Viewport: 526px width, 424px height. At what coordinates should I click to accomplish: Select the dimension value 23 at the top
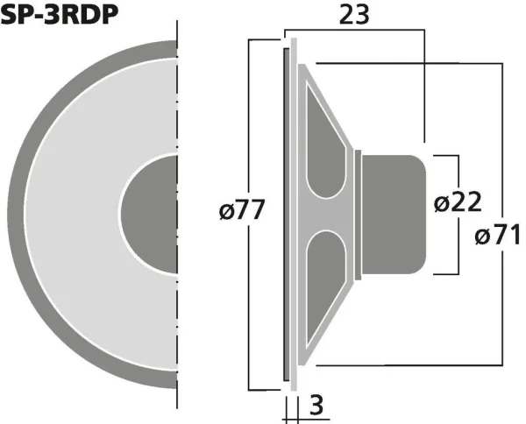tap(355, 15)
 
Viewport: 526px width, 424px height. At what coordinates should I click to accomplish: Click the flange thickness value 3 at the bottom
tap(316, 406)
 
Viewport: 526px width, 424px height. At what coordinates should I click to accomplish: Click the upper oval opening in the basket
tap(326, 149)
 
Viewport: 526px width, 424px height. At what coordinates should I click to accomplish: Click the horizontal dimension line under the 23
tap(355, 32)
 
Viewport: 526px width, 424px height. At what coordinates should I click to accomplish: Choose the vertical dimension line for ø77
tap(250, 131)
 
